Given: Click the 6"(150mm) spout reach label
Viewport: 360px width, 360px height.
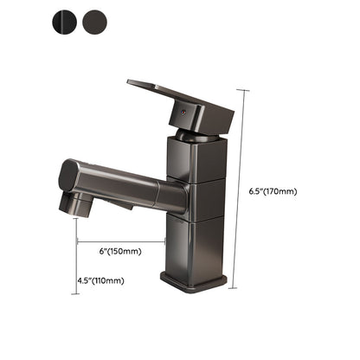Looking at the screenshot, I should [121, 252].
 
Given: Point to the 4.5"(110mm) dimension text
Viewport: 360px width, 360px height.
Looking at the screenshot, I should [101, 280].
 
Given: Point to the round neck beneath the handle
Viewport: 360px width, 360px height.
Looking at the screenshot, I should [195, 135].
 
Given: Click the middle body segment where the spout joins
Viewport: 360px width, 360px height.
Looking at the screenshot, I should [201, 201].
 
